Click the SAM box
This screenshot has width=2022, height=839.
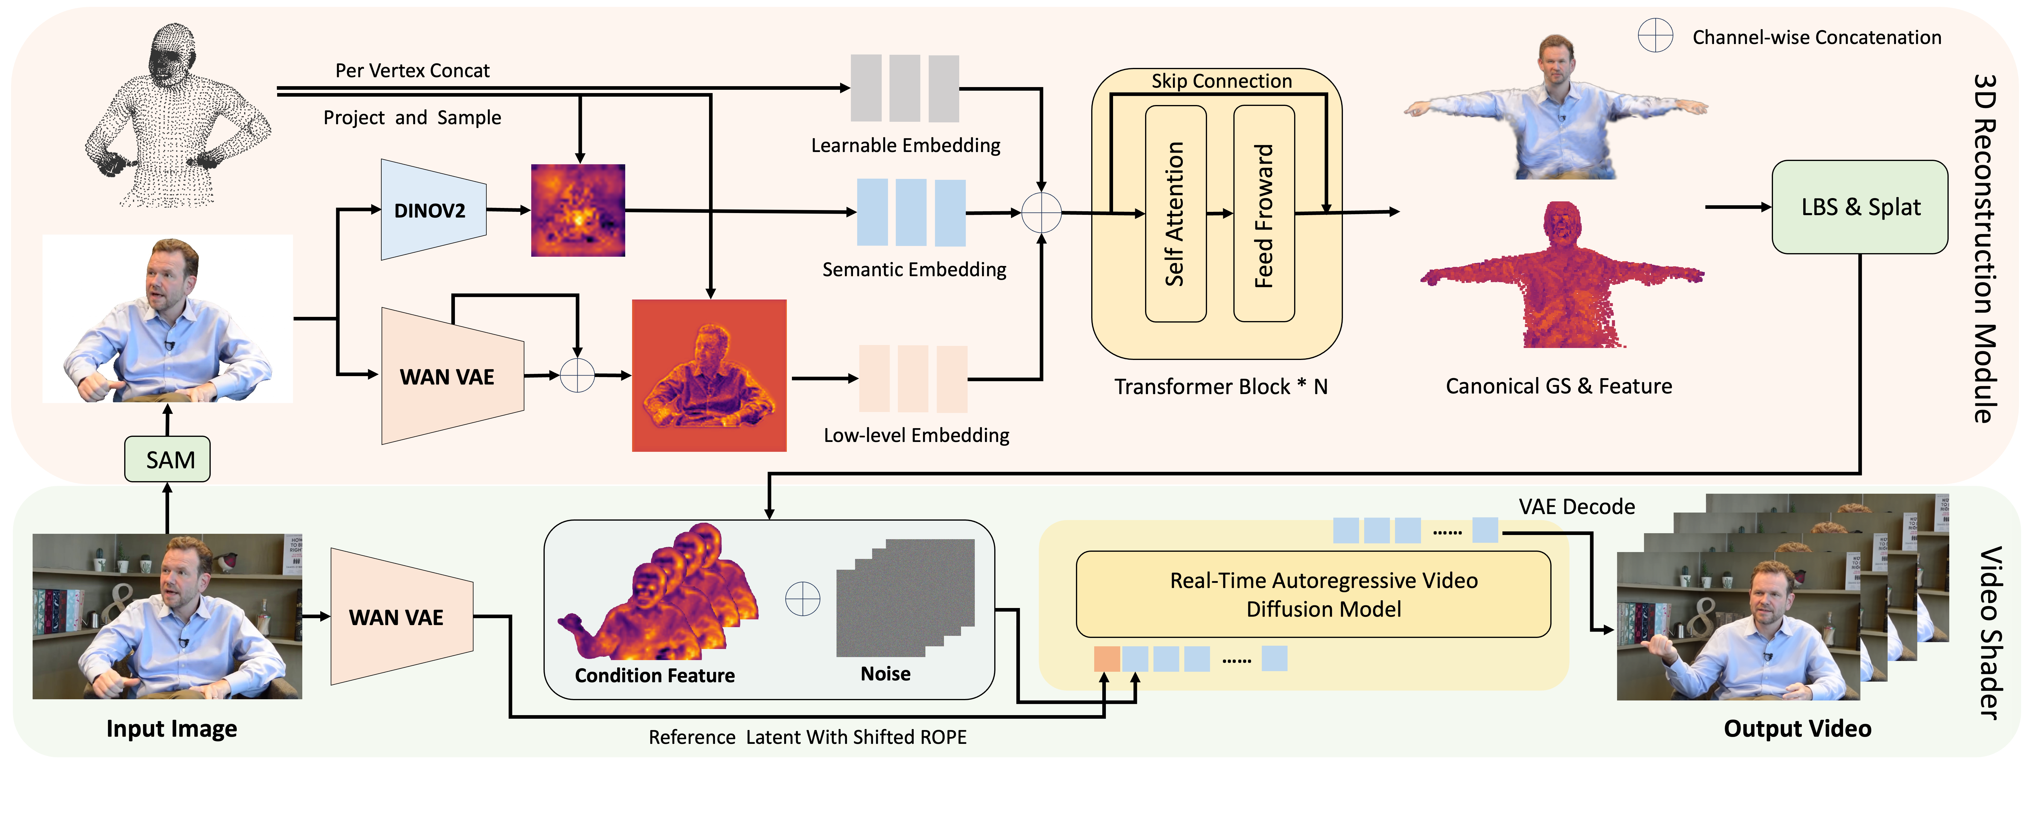click(x=167, y=459)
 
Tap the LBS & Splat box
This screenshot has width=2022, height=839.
click(x=1859, y=207)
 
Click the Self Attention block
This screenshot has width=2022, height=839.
click(x=1175, y=213)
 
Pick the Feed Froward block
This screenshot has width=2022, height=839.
click(x=1264, y=213)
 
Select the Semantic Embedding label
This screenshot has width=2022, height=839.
click(x=914, y=269)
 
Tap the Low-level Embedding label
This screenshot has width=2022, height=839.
click(x=916, y=435)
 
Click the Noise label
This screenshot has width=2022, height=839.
click(x=885, y=674)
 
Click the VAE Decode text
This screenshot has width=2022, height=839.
click(x=1576, y=506)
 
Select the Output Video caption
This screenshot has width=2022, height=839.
click(x=1797, y=728)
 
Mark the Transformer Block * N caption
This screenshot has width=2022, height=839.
click(x=1221, y=386)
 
